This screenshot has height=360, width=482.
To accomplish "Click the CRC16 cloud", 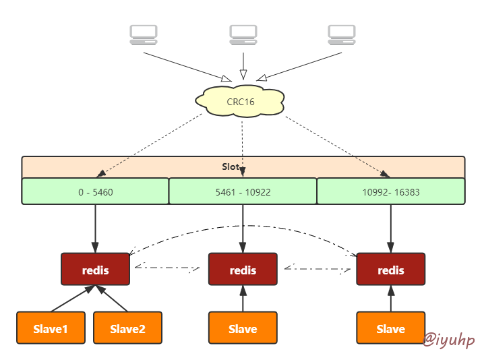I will pos(239,101).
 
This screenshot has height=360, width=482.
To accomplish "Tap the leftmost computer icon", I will pos(143,34).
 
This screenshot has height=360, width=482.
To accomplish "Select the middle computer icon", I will pos(243,34).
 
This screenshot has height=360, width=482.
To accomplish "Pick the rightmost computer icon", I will pos(342,34).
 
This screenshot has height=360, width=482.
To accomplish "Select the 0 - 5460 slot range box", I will pos(95,191).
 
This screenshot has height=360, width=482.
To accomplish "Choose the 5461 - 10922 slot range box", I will pos(243,191).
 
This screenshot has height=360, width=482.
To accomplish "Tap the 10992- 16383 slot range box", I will pos(391,191).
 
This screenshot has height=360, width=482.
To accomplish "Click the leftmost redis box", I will pos(95,270).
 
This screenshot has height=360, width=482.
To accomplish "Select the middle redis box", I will pos(243,270).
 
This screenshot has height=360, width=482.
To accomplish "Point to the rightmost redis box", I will pos(391,270).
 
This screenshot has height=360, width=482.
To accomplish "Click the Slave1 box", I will pos(51,328).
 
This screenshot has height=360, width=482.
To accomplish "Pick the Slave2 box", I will pos(127,328).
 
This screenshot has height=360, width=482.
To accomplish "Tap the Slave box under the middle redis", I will pos(243,328).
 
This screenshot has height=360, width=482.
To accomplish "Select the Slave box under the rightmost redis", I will pos(391,328).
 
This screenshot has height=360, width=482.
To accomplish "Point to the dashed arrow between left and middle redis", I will pos(169,268).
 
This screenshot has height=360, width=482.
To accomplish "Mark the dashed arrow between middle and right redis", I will pos(317,268).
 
